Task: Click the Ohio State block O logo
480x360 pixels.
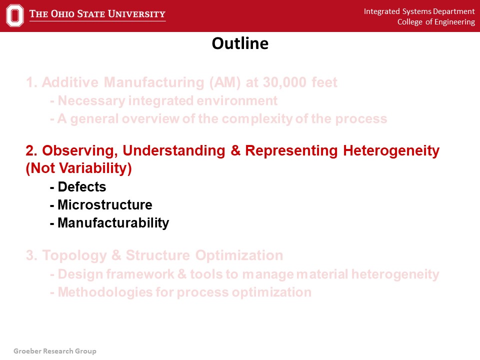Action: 14,15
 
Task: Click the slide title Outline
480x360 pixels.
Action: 240,43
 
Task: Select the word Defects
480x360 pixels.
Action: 81,186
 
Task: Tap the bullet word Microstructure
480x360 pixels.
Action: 104,205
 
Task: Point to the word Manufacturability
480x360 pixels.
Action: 113,223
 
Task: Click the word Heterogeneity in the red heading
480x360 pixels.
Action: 391,151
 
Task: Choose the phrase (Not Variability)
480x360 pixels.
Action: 78,168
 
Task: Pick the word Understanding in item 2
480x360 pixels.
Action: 174,151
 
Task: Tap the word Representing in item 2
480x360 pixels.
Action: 291,151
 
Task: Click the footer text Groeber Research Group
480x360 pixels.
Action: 55,351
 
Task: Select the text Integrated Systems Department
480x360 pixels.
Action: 419,11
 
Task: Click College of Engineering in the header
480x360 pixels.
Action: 436,22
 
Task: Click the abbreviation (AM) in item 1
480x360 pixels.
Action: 225,82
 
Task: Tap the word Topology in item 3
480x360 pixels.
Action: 74,255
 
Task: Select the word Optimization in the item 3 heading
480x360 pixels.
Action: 239,255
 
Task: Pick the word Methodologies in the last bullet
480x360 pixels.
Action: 105,292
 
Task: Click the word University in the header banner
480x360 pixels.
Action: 136,14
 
